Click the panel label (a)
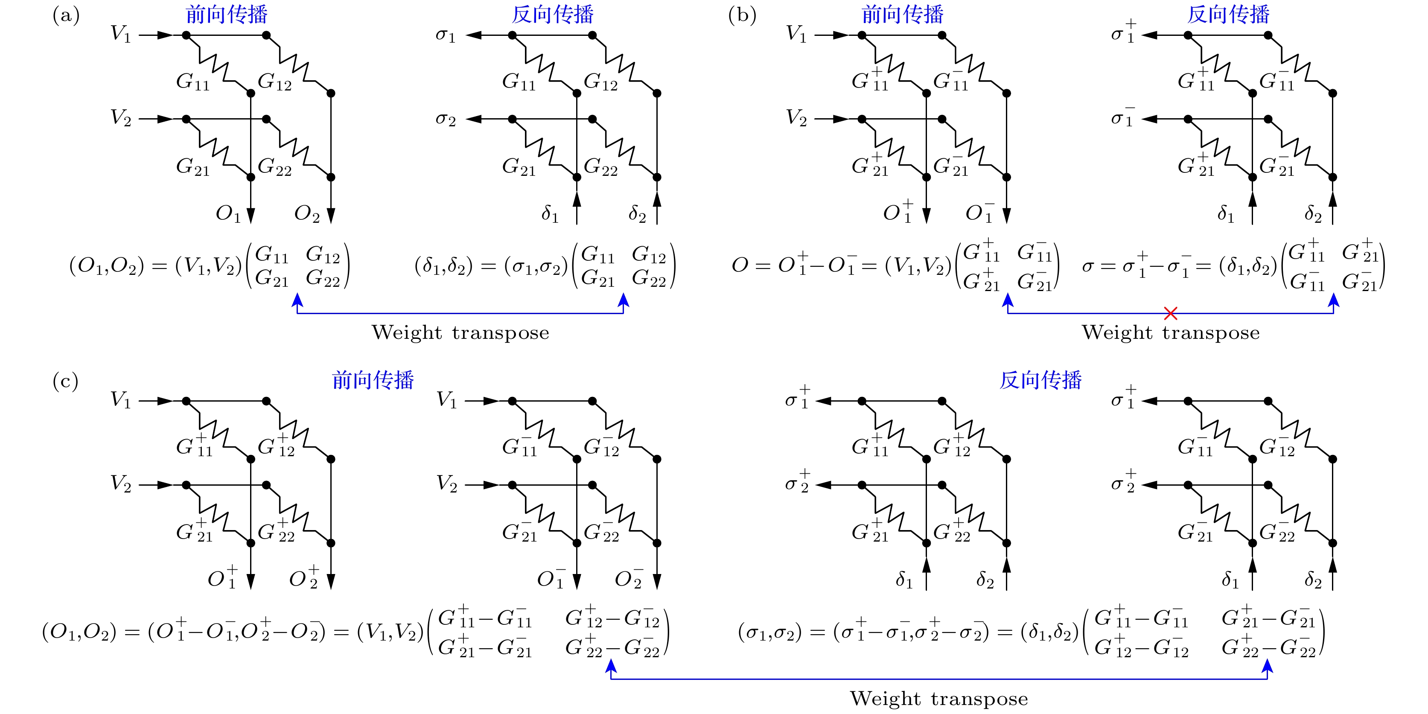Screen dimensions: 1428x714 click(x=66, y=15)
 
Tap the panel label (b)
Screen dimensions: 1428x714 click(x=742, y=15)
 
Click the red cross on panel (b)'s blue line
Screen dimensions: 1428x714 click(x=1170, y=313)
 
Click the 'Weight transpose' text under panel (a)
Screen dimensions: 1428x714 click(x=460, y=332)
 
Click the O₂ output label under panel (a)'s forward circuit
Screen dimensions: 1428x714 click(x=306, y=213)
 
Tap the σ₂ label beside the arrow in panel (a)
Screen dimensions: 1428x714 click(x=446, y=119)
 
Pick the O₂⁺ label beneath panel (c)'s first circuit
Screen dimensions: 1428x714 click(x=304, y=577)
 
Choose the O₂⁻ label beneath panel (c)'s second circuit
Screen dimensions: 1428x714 click(x=629, y=577)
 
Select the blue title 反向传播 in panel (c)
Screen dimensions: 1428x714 click(x=1040, y=380)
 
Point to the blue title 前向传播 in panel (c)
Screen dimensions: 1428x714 click(x=373, y=380)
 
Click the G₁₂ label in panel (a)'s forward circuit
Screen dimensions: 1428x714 click(x=274, y=82)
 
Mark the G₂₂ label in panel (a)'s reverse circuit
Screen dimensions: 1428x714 click(x=600, y=166)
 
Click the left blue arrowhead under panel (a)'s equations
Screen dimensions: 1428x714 click(x=298, y=300)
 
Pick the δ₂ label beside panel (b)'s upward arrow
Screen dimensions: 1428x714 click(x=1313, y=213)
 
